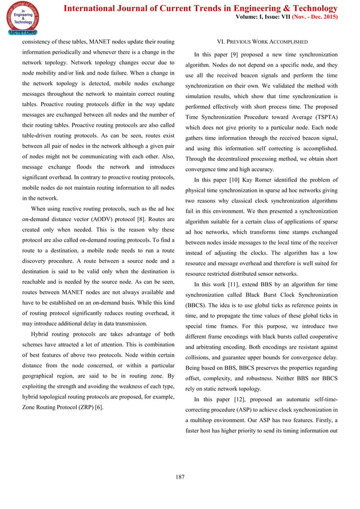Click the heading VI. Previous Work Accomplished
click(x=262, y=42)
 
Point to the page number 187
click(x=180, y=477)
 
